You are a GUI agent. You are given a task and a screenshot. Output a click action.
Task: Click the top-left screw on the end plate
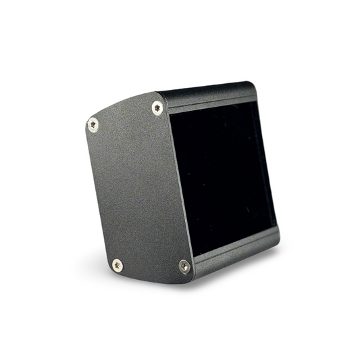point(93,124)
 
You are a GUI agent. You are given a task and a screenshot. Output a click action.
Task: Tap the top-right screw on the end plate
point(157,107)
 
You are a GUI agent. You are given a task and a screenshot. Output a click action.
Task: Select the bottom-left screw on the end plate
point(118,264)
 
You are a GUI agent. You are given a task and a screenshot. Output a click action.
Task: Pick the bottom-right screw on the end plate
point(184,266)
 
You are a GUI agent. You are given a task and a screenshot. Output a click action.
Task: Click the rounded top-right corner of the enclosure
point(252,86)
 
